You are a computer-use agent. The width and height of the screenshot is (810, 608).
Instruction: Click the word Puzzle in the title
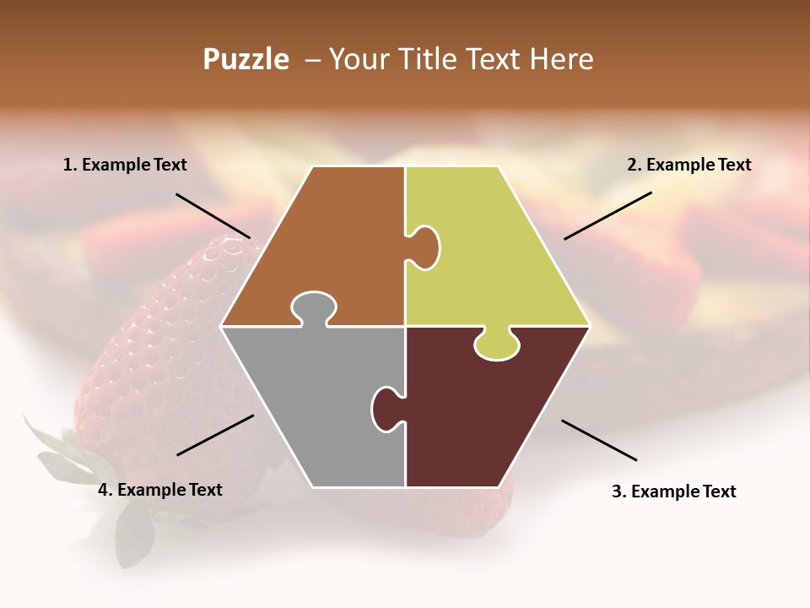point(246,59)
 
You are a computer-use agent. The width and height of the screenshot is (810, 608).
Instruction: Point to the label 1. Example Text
point(125,166)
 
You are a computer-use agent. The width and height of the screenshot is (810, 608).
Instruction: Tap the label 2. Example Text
point(688,166)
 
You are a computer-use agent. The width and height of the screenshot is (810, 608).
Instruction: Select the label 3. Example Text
point(673,491)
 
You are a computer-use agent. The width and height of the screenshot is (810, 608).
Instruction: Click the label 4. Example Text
point(160,490)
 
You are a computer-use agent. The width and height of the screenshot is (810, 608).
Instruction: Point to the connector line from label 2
point(607,215)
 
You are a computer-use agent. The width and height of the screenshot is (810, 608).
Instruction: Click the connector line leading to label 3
point(599,440)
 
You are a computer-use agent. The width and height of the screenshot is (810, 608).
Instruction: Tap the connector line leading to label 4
point(215,435)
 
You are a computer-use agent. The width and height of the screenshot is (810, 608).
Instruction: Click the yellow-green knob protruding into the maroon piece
point(496,345)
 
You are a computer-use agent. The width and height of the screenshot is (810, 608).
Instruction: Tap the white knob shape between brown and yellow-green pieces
point(424,247)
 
